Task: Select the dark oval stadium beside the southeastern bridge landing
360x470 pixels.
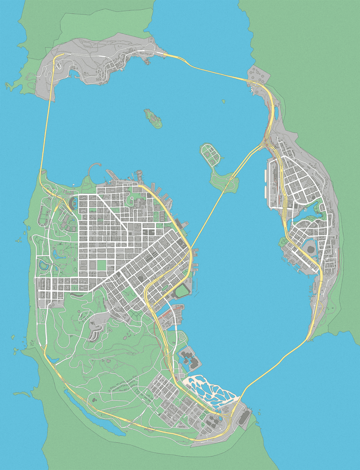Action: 244,416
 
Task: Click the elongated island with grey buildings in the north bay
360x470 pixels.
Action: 153,118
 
